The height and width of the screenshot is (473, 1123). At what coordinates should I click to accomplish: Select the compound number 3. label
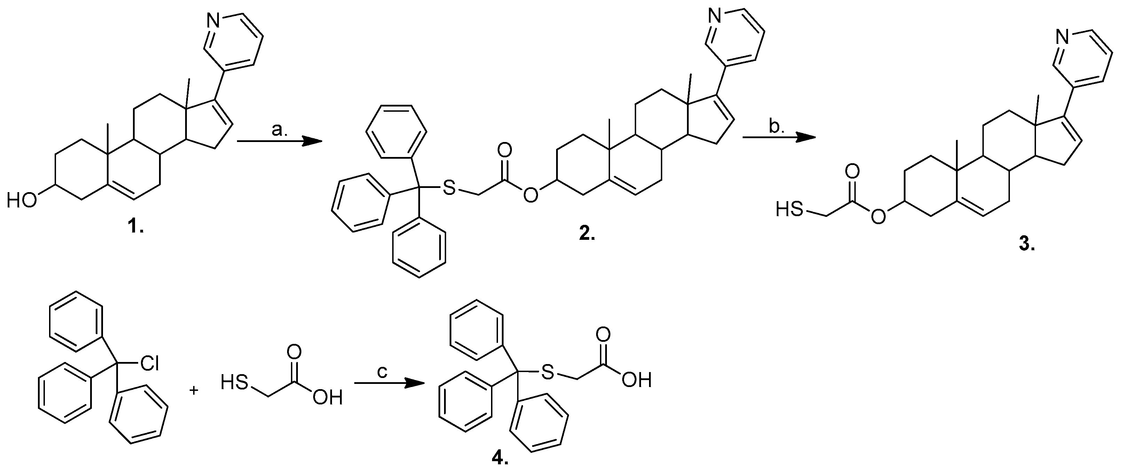1027,245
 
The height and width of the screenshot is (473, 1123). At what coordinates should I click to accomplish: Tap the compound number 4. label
500,459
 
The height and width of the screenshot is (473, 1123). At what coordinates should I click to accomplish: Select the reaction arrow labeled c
389,383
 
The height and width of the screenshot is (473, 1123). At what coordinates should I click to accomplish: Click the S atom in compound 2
449,188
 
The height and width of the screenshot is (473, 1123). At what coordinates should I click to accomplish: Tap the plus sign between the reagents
194,390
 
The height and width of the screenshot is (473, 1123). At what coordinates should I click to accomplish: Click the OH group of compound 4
636,380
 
